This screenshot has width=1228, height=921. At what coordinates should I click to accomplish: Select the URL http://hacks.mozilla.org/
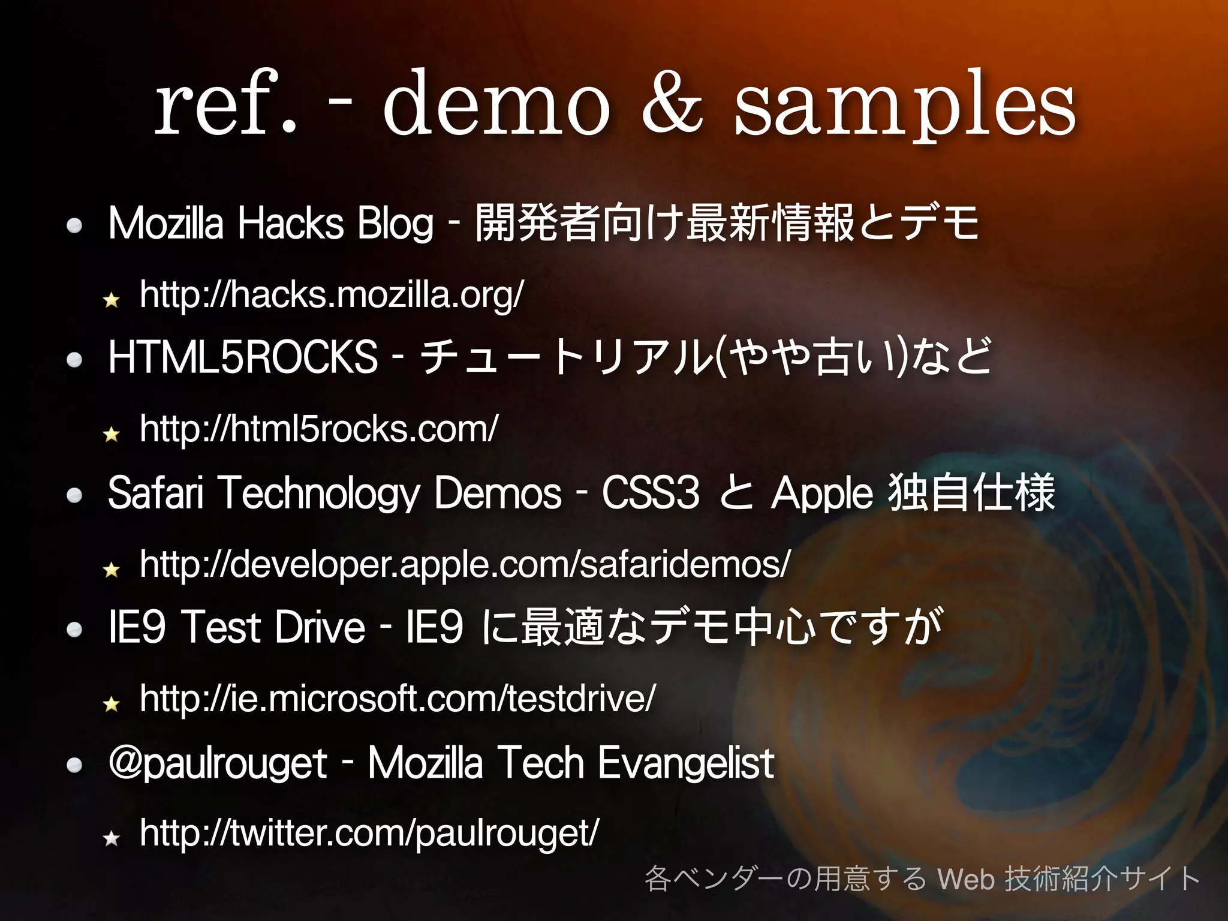[332, 295]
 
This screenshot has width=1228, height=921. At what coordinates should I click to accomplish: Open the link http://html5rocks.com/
[318, 429]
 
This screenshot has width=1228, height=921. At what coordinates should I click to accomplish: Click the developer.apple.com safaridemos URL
[465, 565]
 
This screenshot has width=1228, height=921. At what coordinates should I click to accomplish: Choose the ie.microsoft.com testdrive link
[398, 699]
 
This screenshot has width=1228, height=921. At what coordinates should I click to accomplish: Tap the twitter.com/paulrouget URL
[369, 833]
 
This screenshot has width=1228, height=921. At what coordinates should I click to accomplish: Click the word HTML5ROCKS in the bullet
[243, 357]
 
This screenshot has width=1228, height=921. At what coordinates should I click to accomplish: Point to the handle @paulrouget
[218, 764]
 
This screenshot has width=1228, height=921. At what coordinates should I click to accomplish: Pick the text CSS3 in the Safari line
[651, 493]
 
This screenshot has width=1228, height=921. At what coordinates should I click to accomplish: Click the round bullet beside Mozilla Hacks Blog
[74, 225]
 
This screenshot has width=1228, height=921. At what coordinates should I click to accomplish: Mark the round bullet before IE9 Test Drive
[74, 630]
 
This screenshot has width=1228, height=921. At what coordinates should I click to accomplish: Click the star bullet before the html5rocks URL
[112, 434]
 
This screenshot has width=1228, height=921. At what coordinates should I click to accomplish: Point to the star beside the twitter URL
[112, 838]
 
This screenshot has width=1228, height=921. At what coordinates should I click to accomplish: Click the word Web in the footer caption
[966, 879]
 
